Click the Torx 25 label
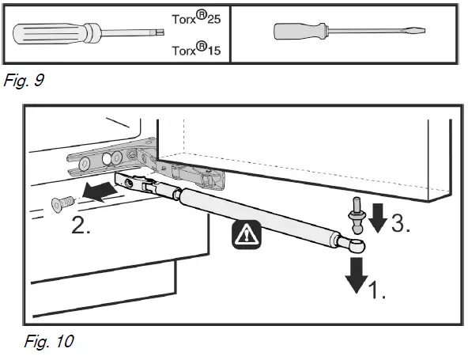196,17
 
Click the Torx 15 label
196,49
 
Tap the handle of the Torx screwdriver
57,33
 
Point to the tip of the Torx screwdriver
160,32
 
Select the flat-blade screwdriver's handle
300,31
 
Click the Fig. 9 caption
24,80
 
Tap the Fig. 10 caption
49,341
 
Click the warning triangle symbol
246,234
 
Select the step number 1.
377,290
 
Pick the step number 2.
81,225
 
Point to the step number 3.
401,223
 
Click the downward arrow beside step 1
357,275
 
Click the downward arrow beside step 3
378,218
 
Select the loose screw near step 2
62,204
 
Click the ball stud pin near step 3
357,215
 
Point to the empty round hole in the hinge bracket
106,159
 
